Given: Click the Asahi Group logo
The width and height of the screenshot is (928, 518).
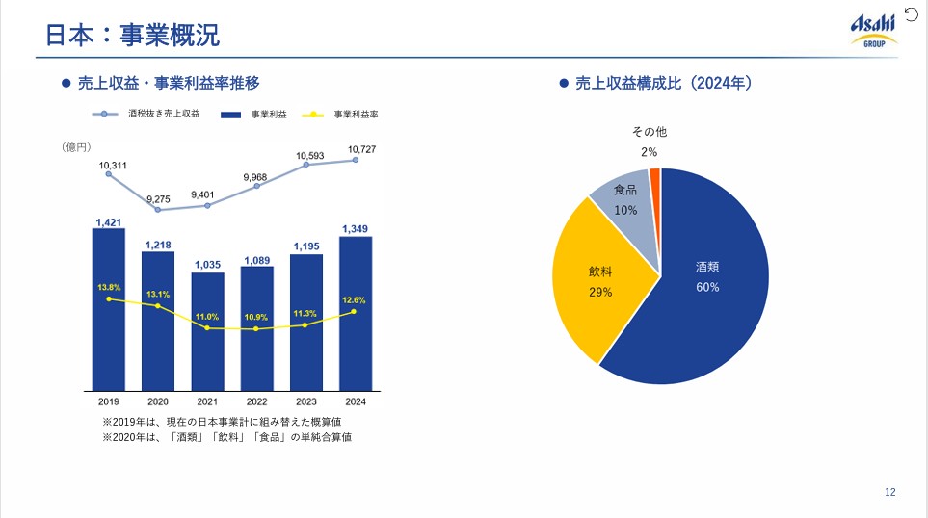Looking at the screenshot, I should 872,30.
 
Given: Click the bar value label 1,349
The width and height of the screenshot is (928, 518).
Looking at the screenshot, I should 355,228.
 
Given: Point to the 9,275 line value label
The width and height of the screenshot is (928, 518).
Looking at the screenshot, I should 157,199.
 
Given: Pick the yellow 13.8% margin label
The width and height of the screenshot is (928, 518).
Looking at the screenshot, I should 108,287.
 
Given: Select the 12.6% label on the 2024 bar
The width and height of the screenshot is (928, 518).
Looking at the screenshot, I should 355,299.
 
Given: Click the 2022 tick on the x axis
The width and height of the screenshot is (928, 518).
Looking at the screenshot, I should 256,401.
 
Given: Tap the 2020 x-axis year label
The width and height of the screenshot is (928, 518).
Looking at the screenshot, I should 158,401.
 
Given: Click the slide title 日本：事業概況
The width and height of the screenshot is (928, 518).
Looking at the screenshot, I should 133,35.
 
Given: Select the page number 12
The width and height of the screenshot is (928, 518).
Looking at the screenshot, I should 889,493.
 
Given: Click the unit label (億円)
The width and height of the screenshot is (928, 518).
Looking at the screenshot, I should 76,146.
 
